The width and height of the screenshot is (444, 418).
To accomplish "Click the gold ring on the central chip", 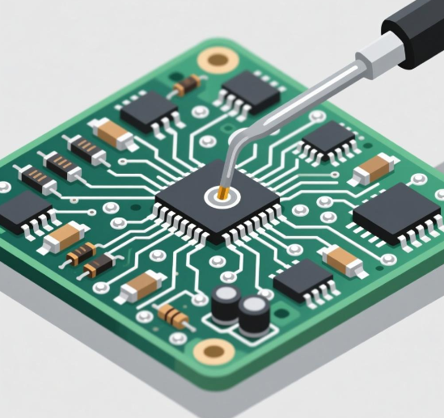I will (x=220, y=194).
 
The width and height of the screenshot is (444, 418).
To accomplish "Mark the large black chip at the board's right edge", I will (x=396, y=212).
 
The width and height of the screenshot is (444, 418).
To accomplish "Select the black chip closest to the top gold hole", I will (x=251, y=91).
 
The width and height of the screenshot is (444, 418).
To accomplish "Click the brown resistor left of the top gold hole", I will (x=188, y=83).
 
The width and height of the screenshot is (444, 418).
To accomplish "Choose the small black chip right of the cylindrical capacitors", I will (x=303, y=280).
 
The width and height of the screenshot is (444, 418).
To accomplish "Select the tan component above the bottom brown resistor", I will (x=142, y=284).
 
